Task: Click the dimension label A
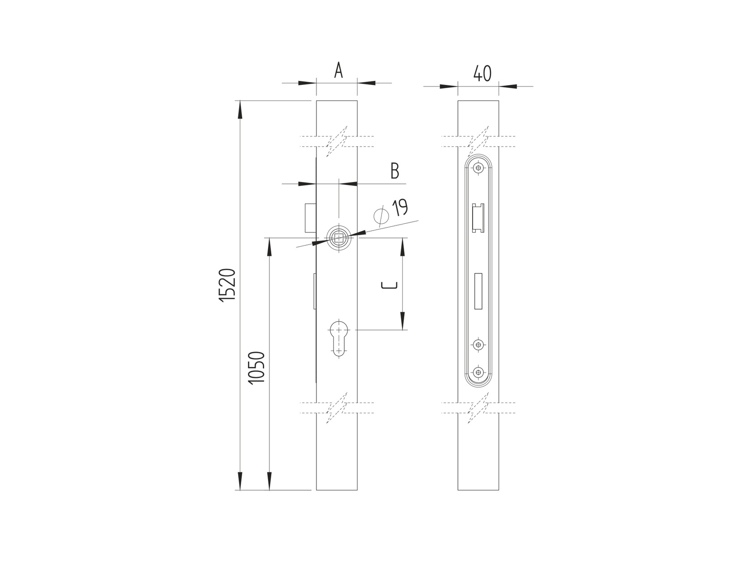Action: [x=338, y=71]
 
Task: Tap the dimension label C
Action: [x=389, y=285]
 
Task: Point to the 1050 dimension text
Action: [x=257, y=367]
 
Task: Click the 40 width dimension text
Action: [x=482, y=73]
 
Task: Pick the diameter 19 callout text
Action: [x=400, y=208]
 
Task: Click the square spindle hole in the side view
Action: [x=339, y=237]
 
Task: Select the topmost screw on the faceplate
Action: [x=479, y=168]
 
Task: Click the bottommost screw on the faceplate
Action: [x=479, y=372]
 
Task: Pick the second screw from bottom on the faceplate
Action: [x=479, y=344]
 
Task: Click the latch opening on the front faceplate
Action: [x=478, y=218]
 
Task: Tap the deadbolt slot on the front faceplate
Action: [x=478, y=291]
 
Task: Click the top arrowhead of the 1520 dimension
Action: [x=240, y=110]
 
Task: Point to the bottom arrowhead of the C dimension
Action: [x=402, y=321]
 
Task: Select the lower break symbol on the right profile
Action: [x=478, y=407]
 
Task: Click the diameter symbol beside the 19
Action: [x=380, y=216]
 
